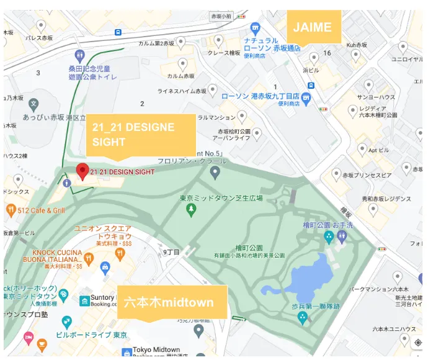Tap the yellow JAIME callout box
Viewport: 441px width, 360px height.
313,27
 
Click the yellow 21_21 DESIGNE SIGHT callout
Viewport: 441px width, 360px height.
141,135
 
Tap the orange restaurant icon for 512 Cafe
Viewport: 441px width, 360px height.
10,210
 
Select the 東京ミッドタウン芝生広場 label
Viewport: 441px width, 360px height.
221,198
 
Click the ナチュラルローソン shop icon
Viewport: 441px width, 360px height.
255,28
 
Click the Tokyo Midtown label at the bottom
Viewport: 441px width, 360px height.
156,350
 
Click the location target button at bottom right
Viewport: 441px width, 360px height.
417,343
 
